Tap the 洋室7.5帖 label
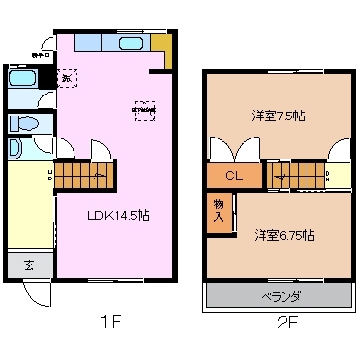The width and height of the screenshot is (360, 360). [279, 116]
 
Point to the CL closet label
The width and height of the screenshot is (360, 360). [233, 175]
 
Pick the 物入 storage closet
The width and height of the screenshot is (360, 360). [218, 211]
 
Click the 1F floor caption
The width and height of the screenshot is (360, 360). [111, 323]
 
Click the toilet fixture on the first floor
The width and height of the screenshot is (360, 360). [27, 123]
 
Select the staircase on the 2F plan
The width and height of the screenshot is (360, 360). [294, 175]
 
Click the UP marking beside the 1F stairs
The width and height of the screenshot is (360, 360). [49, 175]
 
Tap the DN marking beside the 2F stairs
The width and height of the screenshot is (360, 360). [327, 175]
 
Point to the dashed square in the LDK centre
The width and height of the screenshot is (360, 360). [143, 110]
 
